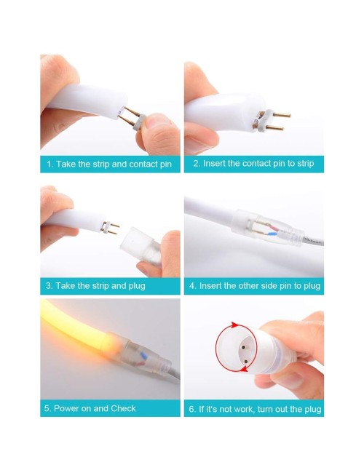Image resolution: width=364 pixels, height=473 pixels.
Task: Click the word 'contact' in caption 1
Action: point(143,164)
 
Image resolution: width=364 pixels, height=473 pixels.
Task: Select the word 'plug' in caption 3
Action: point(137,286)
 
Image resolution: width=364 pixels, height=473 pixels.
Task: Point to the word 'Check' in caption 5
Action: point(123,408)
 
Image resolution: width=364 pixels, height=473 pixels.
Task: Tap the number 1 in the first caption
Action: point(50,164)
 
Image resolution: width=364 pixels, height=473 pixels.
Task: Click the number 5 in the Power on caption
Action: point(47,408)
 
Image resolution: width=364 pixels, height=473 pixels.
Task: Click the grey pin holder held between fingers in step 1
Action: point(137,122)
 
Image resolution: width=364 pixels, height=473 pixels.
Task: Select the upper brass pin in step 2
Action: point(278,115)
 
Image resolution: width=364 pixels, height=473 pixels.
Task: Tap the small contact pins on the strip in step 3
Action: point(111,228)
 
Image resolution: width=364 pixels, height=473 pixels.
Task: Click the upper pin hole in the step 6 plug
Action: point(242,348)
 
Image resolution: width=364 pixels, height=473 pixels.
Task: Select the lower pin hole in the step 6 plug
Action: point(246,361)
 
